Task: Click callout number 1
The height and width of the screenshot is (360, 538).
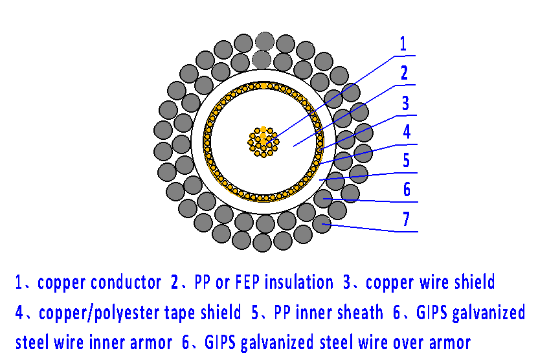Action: [x=403, y=44]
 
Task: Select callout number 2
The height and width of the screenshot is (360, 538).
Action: [x=404, y=73]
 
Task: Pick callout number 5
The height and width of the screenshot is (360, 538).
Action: [x=407, y=160]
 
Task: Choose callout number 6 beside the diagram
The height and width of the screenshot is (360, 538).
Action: [x=407, y=190]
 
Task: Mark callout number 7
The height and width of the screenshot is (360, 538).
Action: [x=407, y=219]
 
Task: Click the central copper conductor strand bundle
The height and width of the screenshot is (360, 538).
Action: [x=263, y=141]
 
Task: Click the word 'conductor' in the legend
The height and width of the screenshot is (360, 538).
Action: [x=126, y=282]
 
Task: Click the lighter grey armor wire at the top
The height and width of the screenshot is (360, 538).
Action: [x=263, y=41]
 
